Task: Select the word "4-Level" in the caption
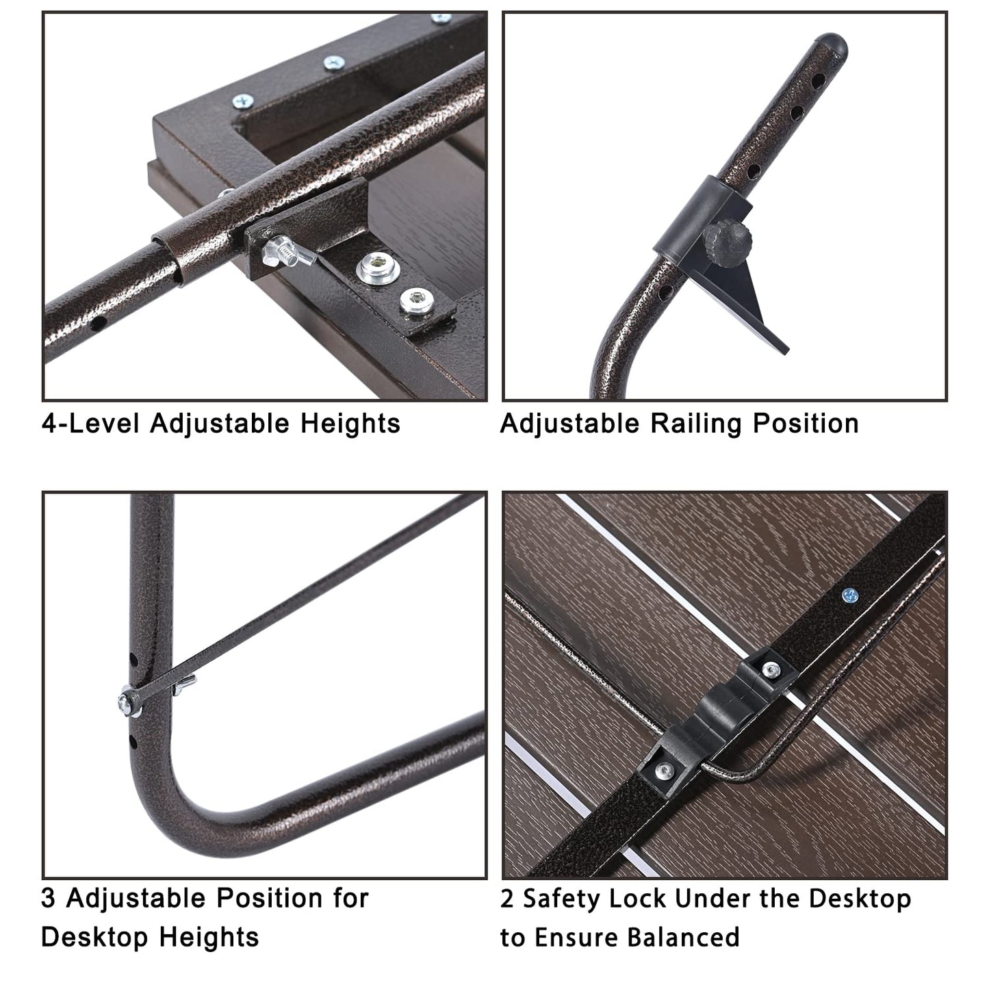pos(90,424)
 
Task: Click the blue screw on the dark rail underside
pos(851,595)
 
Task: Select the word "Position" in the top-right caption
pos(806,424)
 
